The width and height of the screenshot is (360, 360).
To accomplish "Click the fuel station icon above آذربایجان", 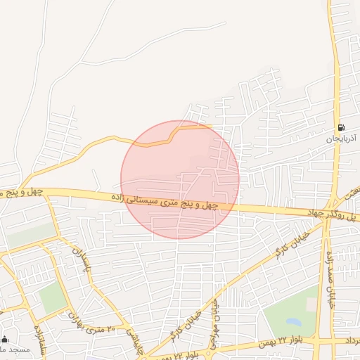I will point(341,128).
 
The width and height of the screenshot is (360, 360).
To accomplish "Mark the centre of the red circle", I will point(180,180).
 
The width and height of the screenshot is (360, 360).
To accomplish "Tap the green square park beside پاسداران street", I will point(52,299).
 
